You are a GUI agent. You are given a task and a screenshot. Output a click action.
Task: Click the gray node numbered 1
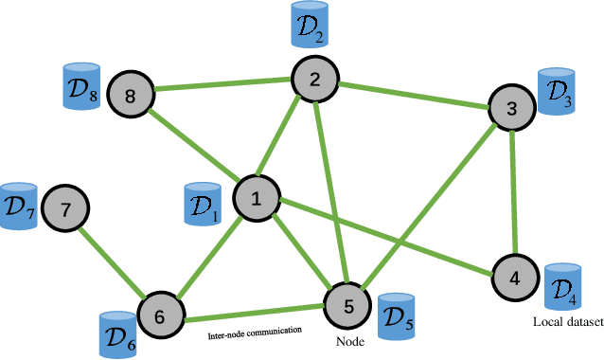254,198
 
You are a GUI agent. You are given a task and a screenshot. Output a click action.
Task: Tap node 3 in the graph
512,107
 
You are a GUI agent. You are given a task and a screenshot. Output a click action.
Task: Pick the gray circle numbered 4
514,279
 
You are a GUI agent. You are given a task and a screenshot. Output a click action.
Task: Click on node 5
347,305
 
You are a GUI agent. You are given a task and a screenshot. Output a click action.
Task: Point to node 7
65,209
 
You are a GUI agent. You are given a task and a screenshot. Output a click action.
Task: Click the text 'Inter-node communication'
254,332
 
